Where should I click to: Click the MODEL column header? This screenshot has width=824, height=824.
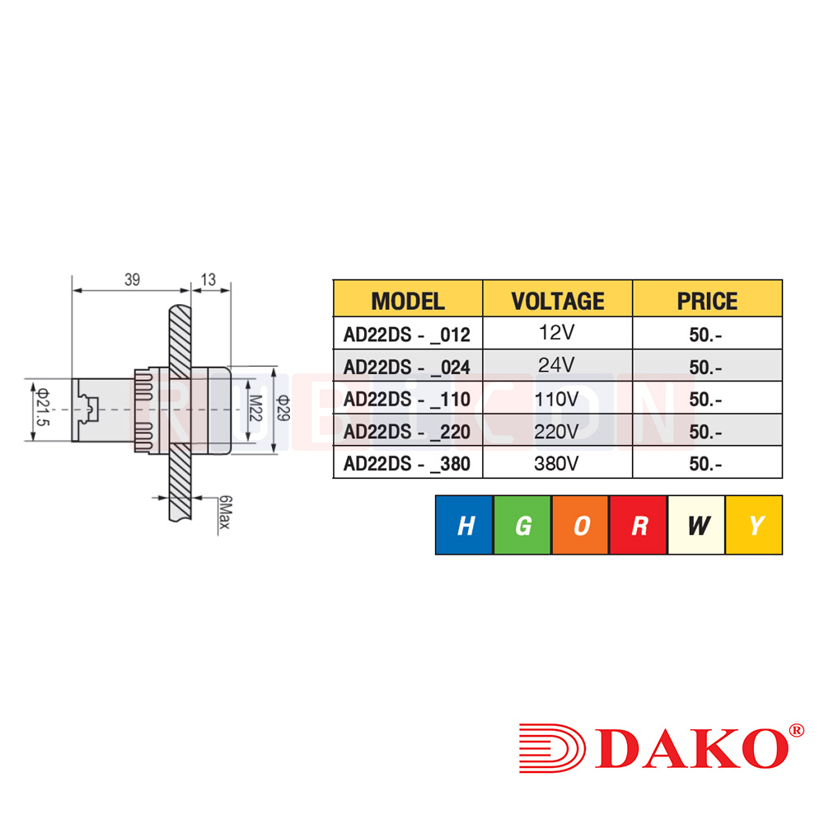tap(407, 301)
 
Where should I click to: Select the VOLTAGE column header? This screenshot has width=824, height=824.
tap(557, 301)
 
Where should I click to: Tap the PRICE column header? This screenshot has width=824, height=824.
tap(707, 301)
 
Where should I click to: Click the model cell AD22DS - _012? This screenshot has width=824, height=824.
tap(407, 335)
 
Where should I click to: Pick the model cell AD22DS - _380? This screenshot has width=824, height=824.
tap(407, 464)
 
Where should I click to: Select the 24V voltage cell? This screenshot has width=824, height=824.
tap(557, 364)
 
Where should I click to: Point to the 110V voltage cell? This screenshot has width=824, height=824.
tap(557, 400)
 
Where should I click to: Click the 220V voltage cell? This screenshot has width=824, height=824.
tap(557, 432)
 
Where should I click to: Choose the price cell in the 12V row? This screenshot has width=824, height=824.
tap(706, 335)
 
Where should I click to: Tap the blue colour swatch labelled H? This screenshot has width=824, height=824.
tap(465, 526)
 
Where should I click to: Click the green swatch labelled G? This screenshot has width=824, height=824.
tap(522, 526)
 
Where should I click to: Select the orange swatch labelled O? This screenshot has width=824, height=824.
tap(581, 526)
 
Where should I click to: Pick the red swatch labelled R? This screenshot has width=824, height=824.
tap(639, 526)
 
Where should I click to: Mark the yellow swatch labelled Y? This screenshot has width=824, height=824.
tap(754, 526)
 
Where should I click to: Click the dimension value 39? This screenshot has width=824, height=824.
tap(132, 280)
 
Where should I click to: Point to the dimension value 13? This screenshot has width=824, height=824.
tap(208, 280)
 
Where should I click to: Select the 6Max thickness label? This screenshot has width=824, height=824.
tap(223, 513)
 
